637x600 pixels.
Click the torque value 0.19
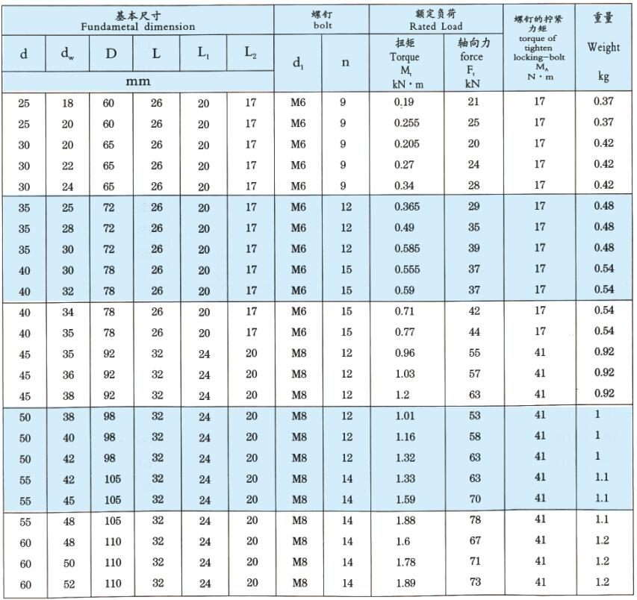pyautogui.click(x=404, y=102)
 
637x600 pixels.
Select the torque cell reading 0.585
pyautogui.click(x=406, y=249)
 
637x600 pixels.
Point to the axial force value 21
pyautogui.click(x=473, y=102)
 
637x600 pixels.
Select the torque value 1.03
pyautogui.click(x=404, y=374)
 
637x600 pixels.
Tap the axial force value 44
pyautogui.click(x=473, y=332)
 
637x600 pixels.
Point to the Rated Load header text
pyautogui.click(x=435, y=26)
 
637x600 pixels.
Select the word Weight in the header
pyautogui.click(x=603, y=48)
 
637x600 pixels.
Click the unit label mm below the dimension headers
pyautogui.click(x=137, y=81)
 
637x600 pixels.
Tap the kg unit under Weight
pyautogui.click(x=603, y=76)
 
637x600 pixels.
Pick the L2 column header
pyautogui.click(x=250, y=53)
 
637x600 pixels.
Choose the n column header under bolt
pyautogui.click(x=345, y=63)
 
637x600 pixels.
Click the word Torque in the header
pyautogui.click(x=405, y=57)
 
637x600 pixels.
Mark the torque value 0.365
pyautogui.click(x=406, y=206)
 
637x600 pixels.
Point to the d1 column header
pyautogui.click(x=297, y=63)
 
